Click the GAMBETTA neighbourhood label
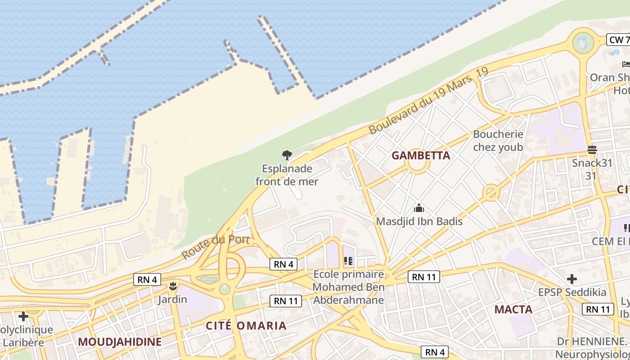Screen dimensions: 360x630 [x=421, y=156]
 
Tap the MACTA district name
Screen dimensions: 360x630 [x=513, y=310]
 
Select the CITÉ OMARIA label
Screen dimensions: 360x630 [x=246, y=326]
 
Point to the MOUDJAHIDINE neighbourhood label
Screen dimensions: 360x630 [x=120, y=342]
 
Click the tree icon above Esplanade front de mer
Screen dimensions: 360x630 [x=287, y=155]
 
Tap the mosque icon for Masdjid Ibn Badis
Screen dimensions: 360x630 [x=419, y=208]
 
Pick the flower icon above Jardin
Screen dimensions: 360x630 [x=173, y=286]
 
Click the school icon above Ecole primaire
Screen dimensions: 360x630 [x=348, y=261]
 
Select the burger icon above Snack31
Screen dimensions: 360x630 [x=592, y=149]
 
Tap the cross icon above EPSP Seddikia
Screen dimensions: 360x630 [x=572, y=279]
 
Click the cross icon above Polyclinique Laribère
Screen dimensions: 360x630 [x=23, y=316]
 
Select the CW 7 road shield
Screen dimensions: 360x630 [x=619, y=40]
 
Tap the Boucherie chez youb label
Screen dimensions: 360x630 [x=498, y=140]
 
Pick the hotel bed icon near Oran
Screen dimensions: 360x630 [x=626, y=64]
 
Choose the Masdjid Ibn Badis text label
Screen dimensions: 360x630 [x=419, y=221]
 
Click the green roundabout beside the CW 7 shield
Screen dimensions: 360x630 [x=583, y=43]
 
